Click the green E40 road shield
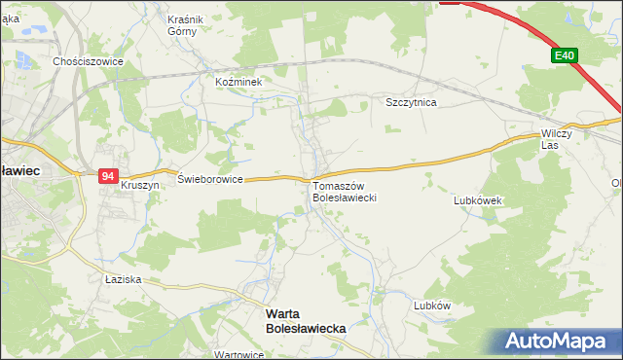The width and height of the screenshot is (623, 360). [x=564, y=56]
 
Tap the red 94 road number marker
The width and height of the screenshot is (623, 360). [x=108, y=176]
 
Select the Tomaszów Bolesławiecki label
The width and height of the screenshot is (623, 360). [x=338, y=191]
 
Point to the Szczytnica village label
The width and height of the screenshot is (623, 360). [x=412, y=101]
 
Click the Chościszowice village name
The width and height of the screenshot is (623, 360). [x=88, y=60]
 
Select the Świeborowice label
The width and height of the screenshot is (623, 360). [x=210, y=180]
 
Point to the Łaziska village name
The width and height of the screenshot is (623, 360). [x=124, y=279]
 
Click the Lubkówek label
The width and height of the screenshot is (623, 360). [x=477, y=200]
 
